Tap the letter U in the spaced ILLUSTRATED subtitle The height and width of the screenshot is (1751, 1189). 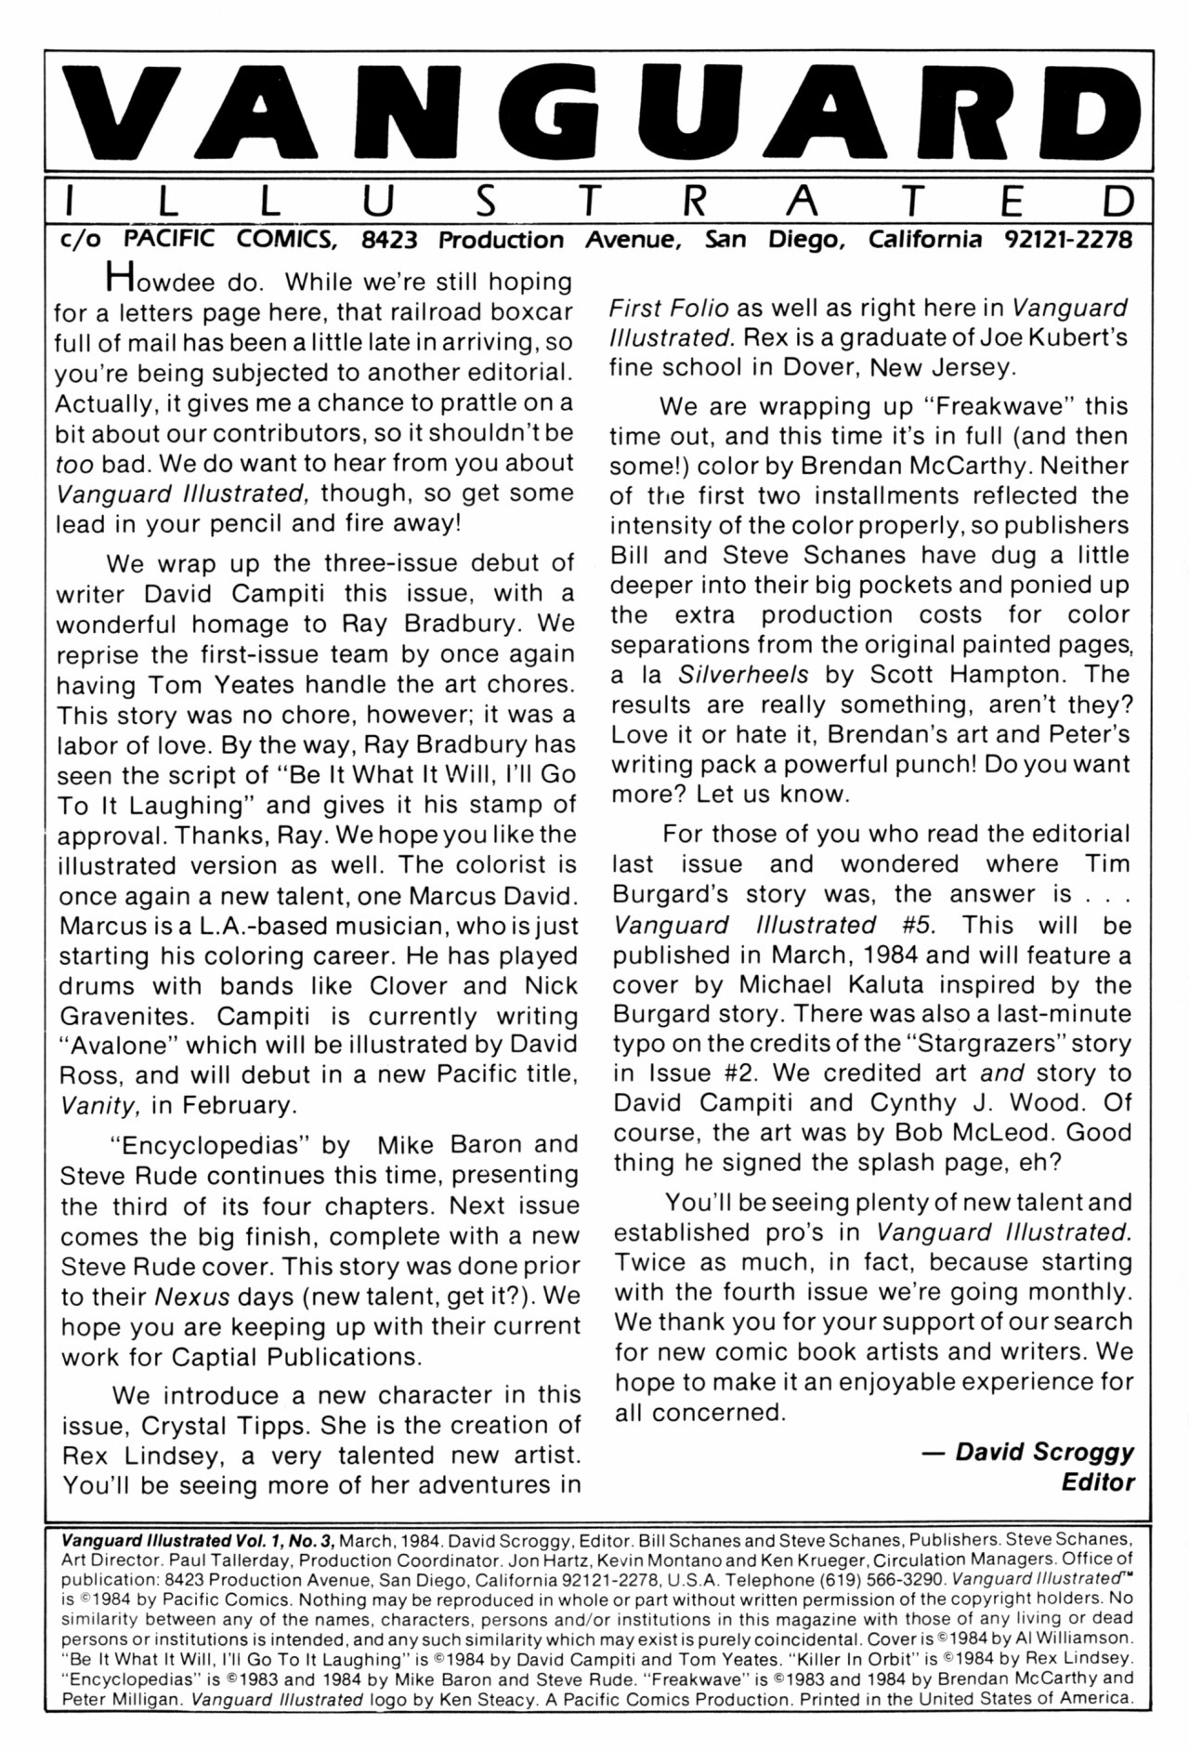click(x=384, y=201)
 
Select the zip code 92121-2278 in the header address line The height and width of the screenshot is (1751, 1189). click(x=1068, y=240)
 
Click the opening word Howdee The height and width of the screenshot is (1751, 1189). click(x=154, y=280)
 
